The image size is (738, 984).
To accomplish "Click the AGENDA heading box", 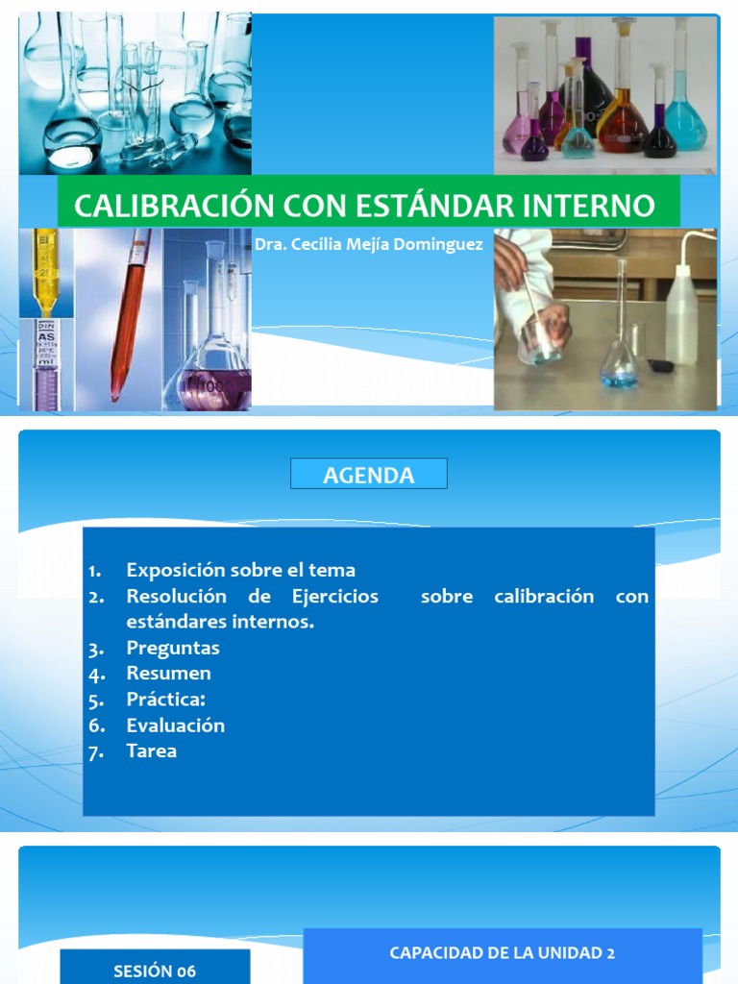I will point(369,475).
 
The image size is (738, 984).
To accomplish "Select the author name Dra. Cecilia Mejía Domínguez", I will point(369,245).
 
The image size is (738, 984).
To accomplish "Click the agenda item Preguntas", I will point(173,648).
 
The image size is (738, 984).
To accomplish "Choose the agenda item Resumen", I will point(168,674).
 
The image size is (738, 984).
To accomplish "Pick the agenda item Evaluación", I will point(175,726).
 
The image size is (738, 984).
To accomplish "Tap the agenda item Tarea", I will point(152,751).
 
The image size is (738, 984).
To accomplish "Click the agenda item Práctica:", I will point(166,700).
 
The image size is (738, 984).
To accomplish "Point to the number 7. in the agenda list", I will point(95,752).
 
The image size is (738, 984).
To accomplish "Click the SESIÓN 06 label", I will point(155,971).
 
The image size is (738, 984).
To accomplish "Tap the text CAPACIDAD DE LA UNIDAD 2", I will point(502,953).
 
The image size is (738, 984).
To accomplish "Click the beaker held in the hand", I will point(540,341).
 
